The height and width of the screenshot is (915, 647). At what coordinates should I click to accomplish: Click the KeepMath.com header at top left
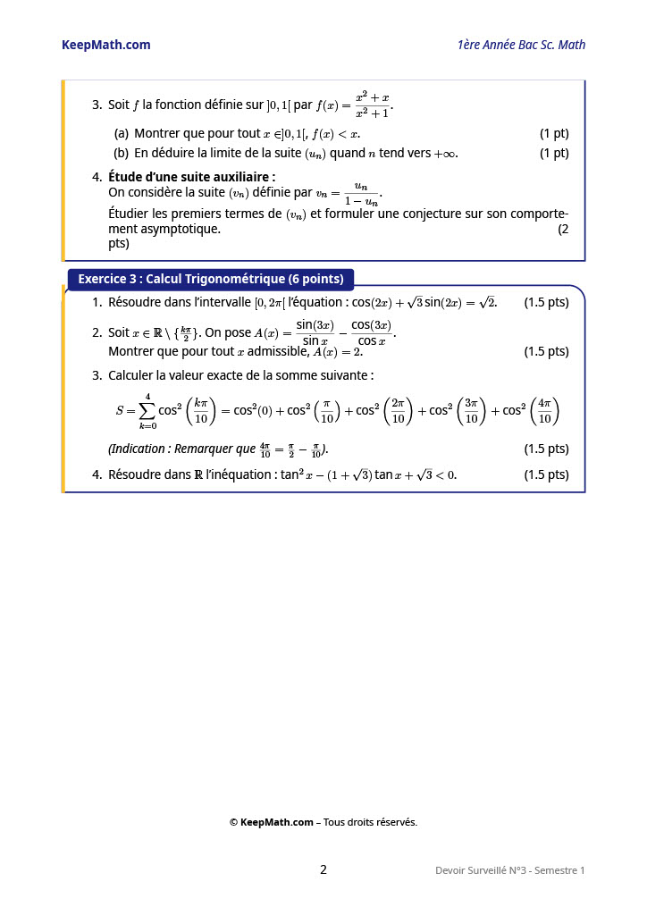(105, 45)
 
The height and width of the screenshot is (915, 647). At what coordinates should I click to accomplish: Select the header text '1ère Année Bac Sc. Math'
(521, 45)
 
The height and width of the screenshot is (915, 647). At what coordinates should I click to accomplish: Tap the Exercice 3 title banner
(211, 279)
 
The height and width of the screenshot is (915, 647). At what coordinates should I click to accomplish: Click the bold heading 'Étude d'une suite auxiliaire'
(191, 177)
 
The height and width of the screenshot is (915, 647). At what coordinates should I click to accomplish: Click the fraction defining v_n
(361, 194)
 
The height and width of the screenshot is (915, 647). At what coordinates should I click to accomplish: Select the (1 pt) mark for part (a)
(554, 133)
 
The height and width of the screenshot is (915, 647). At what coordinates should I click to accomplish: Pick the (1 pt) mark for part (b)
(554, 153)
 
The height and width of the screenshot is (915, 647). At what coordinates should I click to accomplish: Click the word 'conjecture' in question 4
(450, 214)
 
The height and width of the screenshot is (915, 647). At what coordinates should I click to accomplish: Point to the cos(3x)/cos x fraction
(371, 332)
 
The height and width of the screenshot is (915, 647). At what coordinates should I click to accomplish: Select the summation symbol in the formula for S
(147, 411)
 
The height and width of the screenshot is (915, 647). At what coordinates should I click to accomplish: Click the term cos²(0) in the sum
(253, 411)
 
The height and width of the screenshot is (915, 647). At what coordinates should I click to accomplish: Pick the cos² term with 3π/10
(452, 411)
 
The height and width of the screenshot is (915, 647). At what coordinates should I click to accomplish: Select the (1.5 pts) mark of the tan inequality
(546, 474)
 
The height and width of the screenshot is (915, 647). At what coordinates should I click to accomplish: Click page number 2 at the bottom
(323, 869)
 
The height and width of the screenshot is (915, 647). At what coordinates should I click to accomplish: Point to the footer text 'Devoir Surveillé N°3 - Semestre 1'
(510, 870)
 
